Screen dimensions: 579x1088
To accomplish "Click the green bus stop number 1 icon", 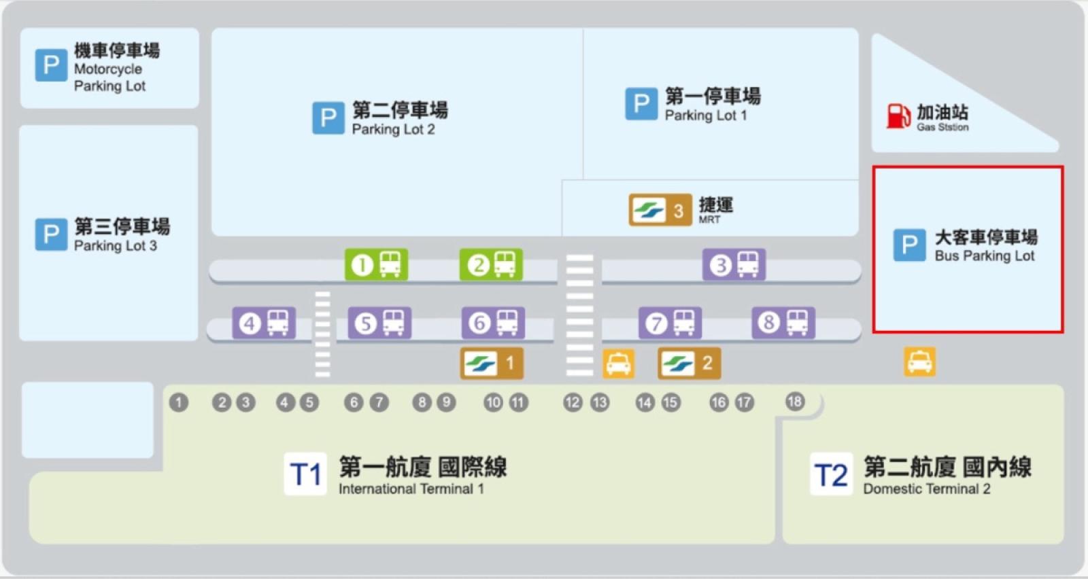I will pyautogui.click(x=376, y=264).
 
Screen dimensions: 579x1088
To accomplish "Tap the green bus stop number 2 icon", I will pyautogui.click(x=491, y=264).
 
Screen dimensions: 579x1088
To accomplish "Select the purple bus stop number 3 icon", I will pyautogui.click(x=734, y=264).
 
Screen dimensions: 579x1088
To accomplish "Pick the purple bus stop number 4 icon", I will pyautogui.click(x=264, y=323).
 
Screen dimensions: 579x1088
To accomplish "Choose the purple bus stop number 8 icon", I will pyautogui.click(x=783, y=322).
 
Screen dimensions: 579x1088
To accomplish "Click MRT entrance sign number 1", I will pyautogui.click(x=492, y=363).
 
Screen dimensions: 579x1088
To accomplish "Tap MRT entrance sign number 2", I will pyautogui.click(x=689, y=363).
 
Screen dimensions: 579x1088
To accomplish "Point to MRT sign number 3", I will pyautogui.click(x=660, y=211).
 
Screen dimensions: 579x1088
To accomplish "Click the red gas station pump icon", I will pyautogui.click(x=898, y=116).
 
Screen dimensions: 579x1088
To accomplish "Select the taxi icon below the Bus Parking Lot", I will pyautogui.click(x=919, y=362).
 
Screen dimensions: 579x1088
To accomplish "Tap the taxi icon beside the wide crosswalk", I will pyautogui.click(x=618, y=364).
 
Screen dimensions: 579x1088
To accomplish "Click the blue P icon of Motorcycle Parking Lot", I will pyautogui.click(x=51, y=65).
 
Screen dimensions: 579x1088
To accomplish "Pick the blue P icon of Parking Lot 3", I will pyautogui.click(x=51, y=234).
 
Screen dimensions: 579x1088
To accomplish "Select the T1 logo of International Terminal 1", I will pyautogui.click(x=305, y=474).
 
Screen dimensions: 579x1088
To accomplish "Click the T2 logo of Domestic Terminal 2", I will pyautogui.click(x=831, y=474).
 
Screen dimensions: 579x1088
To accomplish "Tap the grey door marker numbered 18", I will pyautogui.click(x=794, y=401).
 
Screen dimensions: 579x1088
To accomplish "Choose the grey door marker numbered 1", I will pyautogui.click(x=179, y=402).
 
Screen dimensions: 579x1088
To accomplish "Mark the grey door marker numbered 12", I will pyautogui.click(x=573, y=402).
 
